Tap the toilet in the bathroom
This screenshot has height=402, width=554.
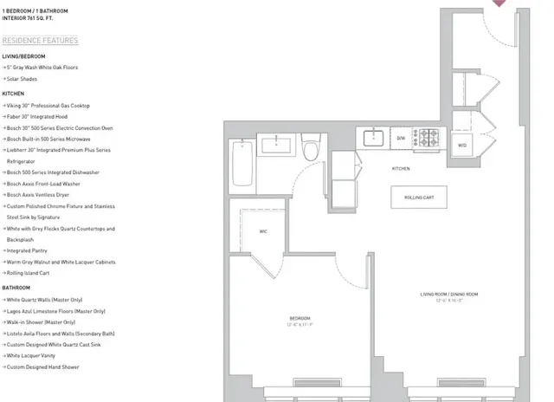pos(312,149)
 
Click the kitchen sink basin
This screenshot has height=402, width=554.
pos(374,137)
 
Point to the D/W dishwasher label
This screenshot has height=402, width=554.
pos(401,138)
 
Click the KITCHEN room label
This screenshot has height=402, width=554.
pos(401,168)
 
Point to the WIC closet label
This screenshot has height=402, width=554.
pos(263,231)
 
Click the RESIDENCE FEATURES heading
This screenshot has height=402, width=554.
pos(40,41)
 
